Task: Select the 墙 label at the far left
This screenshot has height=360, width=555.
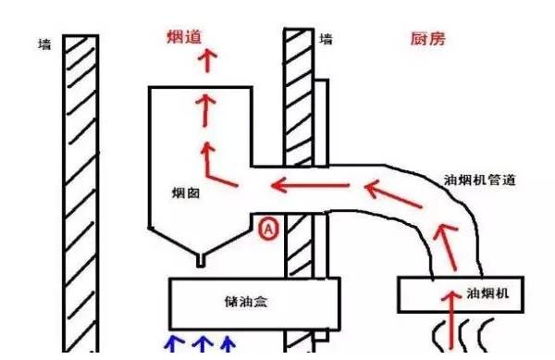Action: (43, 44)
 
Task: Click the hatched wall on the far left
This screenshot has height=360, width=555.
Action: (80, 185)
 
